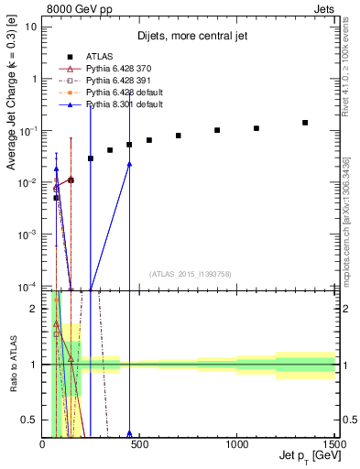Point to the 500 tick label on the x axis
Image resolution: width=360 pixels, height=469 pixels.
[140, 443]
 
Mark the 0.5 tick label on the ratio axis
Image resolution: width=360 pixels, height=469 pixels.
[34, 420]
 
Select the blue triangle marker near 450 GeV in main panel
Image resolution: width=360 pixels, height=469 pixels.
[129, 164]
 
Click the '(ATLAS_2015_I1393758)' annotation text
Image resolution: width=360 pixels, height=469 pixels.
[191, 273]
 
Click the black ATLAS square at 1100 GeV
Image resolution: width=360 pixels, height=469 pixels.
[256, 128]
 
